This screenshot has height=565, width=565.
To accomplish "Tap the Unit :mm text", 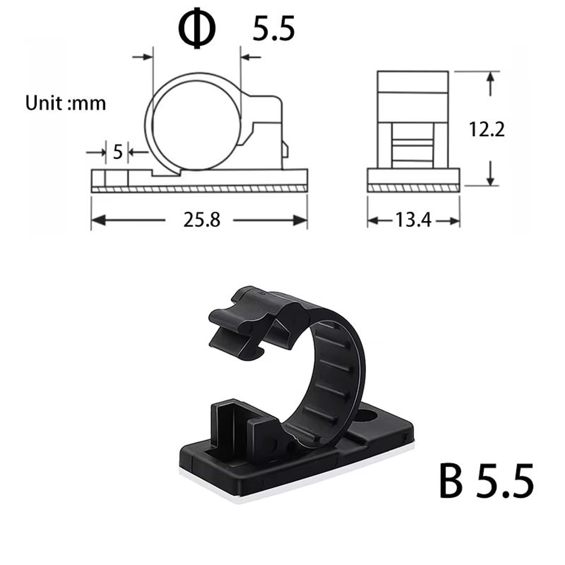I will [66, 103].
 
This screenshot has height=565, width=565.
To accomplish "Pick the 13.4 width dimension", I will [414, 220].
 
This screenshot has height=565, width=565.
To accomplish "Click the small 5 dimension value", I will [118, 152].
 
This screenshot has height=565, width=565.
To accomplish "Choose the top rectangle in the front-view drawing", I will [413, 81].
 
